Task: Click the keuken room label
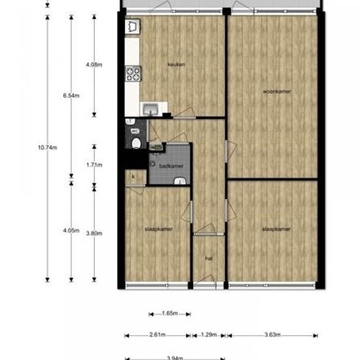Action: click(x=175, y=64)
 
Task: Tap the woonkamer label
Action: click(x=277, y=90)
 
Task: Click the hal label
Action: click(x=209, y=259)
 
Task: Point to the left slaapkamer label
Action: click(x=158, y=229)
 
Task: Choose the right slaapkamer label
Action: click(x=276, y=229)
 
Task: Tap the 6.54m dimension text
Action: click(x=71, y=96)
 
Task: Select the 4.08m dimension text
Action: click(x=94, y=64)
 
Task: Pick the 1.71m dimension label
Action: click(x=94, y=165)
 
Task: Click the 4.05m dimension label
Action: click(x=71, y=230)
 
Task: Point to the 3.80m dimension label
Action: click(x=94, y=230)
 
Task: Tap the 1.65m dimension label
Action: click(x=170, y=314)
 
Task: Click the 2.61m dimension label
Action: click(x=157, y=335)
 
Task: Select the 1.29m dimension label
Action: click(x=208, y=335)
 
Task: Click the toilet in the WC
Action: click(x=135, y=144)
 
